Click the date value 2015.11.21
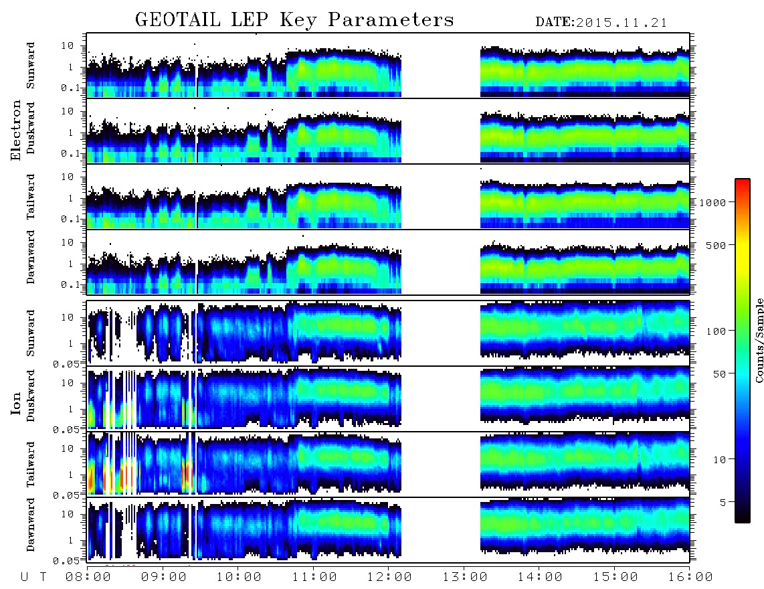tap(622, 23)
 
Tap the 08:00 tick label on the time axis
tap(88, 578)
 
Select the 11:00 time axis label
tap(314, 578)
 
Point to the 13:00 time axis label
tap(465, 578)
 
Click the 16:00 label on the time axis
tap(690, 578)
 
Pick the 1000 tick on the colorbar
tap(712, 203)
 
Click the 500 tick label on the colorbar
tap(716, 245)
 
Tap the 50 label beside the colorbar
tap(719, 374)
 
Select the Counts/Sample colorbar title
tap(759, 340)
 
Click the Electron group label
tap(15, 130)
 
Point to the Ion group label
tap(15, 403)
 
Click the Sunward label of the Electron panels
tap(31, 66)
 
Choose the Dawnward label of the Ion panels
tap(31, 525)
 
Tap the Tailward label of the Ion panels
tap(31, 465)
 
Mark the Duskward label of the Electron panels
tap(31, 128)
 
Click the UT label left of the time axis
tap(33, 578)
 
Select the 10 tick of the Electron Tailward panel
tap(68, 177)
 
